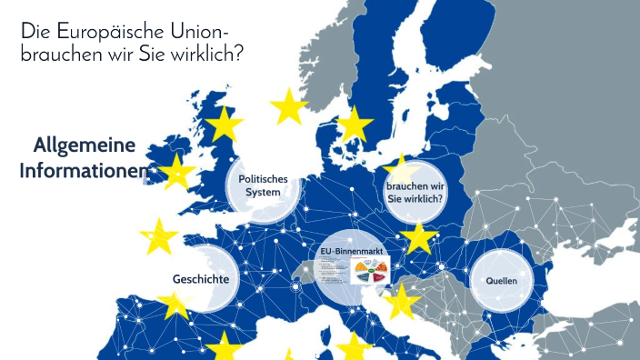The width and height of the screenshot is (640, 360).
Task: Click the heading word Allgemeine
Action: click(x=84, y=145)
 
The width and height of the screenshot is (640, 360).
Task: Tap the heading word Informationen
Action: click(x=84, y=171)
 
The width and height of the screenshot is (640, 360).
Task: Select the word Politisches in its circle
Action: click(x=263, y=179)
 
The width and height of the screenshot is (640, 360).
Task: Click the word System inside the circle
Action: click(x=263, y=192)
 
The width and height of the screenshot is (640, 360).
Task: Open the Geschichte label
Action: click(x=200, y=278)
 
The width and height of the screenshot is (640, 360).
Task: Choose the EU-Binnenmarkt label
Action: click(x=350, y=251)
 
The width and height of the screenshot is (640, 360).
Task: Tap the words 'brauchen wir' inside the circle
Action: click(x=414, y=185)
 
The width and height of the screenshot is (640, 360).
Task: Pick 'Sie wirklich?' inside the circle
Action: click(x=414, y=198)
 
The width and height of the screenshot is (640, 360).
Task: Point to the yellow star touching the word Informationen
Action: click(x=175, y=172)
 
